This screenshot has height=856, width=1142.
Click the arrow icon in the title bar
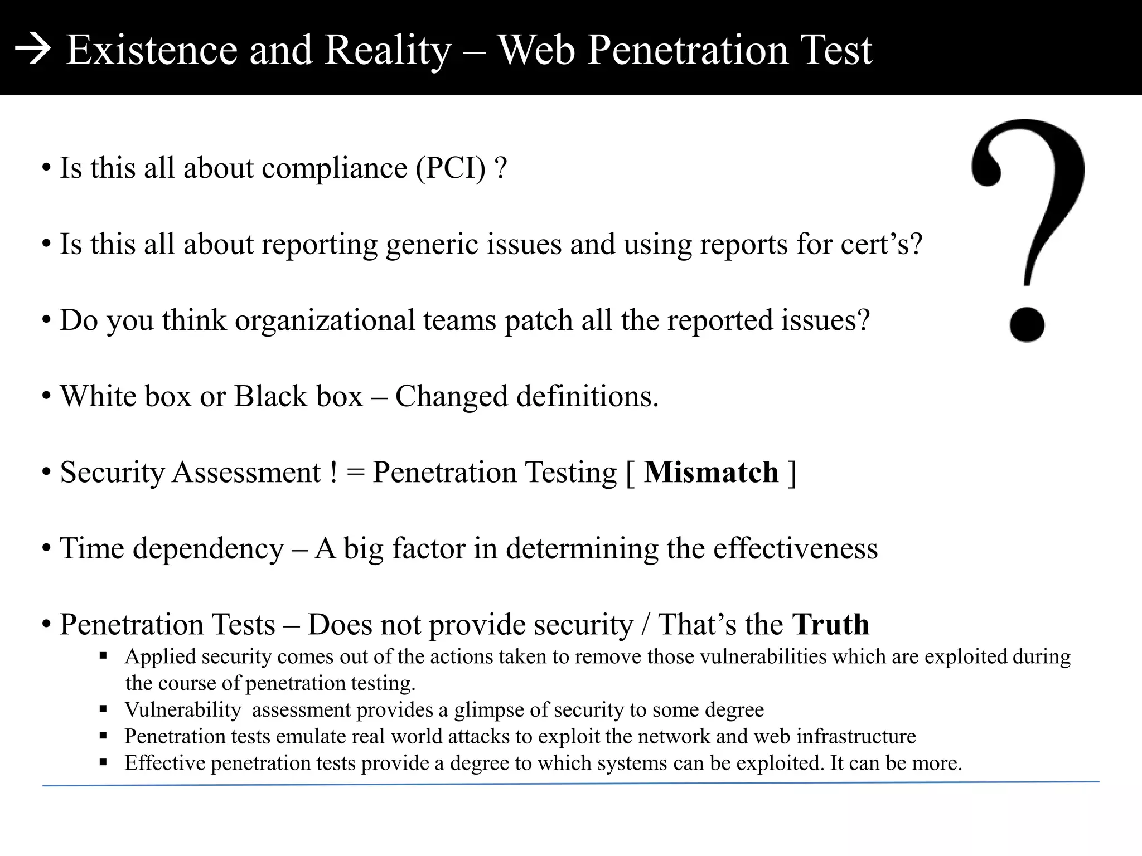33,51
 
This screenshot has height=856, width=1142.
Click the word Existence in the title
152,50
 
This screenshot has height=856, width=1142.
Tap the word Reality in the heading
388,50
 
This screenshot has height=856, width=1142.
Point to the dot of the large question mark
1027,324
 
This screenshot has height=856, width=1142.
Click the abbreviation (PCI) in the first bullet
451,168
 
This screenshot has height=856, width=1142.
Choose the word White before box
98,396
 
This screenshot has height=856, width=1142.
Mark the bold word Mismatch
711,473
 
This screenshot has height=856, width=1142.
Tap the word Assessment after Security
246,473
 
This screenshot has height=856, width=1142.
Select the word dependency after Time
208,549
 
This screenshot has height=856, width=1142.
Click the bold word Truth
830,624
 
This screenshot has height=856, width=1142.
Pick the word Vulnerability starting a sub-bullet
182,710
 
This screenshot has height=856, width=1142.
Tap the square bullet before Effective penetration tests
103,762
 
